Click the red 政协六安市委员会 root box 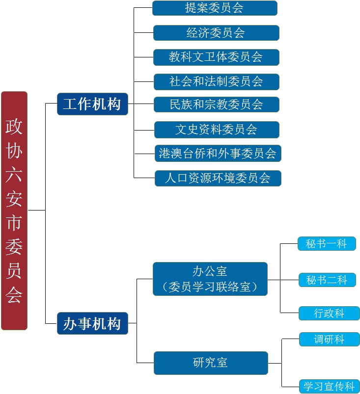pos(14,210)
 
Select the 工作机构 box pos(92,104)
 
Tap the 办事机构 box pos(92,324)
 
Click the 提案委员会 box pos(215,8)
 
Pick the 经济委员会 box pos(216,33)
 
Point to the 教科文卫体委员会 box pos(216,57)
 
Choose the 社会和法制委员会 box pos(216,81)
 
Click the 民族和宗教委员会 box pos(216,105)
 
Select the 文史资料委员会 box pos(217,130)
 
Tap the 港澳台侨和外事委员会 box pos(218,154)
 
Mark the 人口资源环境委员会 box pos(218,178)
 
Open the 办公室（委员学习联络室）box pos(210,279)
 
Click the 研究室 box pos(211,363)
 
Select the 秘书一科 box pos(327,244)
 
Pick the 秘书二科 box pos(327,280)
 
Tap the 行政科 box pos(330,314)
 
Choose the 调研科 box pos(330,340)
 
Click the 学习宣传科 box pos(330,386)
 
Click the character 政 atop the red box pos(14,127)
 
